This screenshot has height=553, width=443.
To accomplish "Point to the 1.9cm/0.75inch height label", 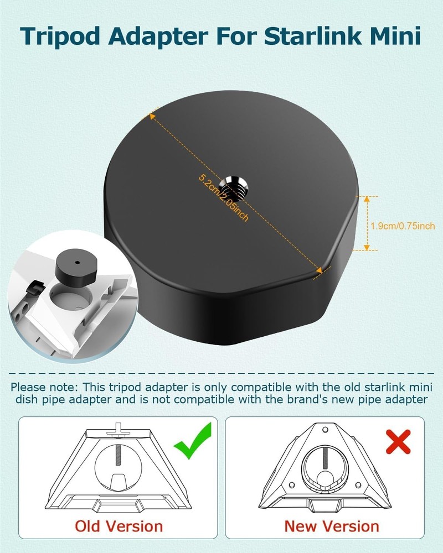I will pos(403,226).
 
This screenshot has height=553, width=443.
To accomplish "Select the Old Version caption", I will pos(119,525).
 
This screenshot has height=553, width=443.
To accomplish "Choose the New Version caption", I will pos(331,525).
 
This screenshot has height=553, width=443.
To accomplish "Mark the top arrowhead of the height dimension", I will pos(366,199).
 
